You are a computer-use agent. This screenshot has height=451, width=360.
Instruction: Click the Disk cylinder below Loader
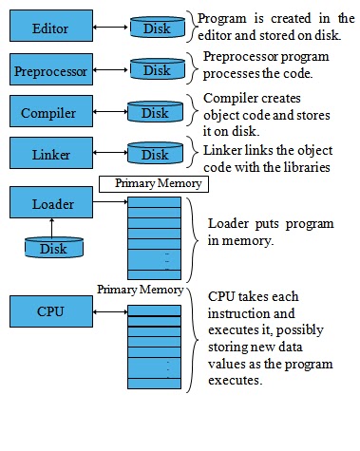pyautogui.click(x=53, y=248)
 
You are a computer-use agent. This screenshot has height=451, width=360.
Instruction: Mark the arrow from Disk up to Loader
pyautogui.click(x=53, y=228)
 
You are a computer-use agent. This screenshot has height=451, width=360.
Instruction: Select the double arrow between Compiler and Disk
pyautogui.click(x=104, y=113)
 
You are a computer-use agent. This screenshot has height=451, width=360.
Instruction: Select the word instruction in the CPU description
pyautogui.click(x=242, y=312)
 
